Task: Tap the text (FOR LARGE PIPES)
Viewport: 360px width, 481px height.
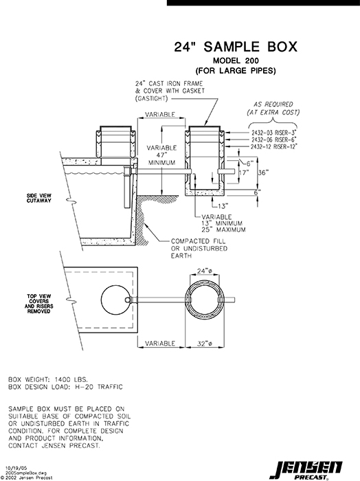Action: [x=235, y=71]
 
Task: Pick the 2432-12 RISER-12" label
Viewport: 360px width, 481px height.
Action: [x=274, y=146]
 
